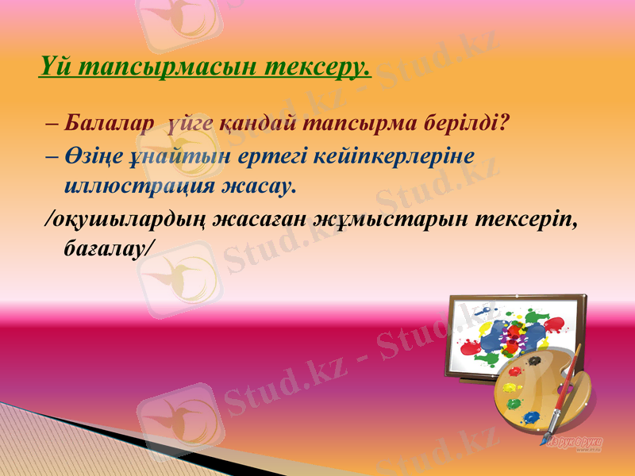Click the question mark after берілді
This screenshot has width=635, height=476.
[x=505, y=125]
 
